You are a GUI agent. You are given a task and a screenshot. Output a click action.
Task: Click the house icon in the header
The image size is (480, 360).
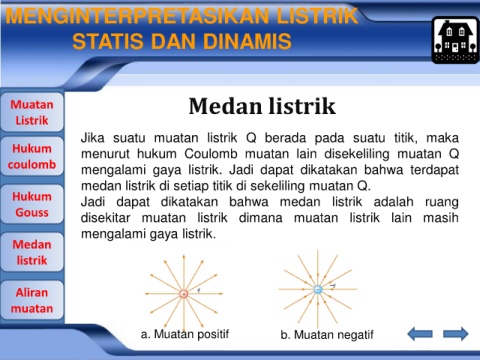coord(455,40)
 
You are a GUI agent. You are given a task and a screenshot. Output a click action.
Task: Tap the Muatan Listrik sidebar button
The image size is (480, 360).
coord(32,112)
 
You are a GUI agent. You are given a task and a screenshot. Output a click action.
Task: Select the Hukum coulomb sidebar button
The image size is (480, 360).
coord(32,156)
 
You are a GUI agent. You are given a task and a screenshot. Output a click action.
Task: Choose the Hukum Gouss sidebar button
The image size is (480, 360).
coord(32,204)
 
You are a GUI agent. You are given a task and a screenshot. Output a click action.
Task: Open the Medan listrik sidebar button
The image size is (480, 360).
coord(32,252)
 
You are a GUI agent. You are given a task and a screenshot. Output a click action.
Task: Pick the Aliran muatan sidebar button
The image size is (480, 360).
coord(32,300)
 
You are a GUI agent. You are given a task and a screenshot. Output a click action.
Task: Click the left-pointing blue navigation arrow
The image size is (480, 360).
coord(420,334)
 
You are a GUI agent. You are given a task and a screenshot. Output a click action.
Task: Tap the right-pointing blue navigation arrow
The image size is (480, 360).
coord(456,334)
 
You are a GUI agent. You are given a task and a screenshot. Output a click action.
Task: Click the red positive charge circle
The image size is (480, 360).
coord(184,294)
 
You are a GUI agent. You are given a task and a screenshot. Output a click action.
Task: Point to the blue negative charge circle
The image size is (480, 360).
coord(318,289)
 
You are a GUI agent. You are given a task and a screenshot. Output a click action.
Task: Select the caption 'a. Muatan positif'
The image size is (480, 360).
coord(185,334)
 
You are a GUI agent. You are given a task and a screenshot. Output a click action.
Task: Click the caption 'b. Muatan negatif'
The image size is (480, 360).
coord(327,334)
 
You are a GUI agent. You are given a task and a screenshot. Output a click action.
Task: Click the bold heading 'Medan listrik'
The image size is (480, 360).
coord(262,106)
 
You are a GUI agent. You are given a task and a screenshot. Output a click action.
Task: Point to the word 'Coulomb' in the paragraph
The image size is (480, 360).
coord(211,154)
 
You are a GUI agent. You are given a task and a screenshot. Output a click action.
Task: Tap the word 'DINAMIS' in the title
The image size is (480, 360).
coord(247,41)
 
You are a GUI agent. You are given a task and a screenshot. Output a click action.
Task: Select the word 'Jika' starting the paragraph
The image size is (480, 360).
coord(93,138)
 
